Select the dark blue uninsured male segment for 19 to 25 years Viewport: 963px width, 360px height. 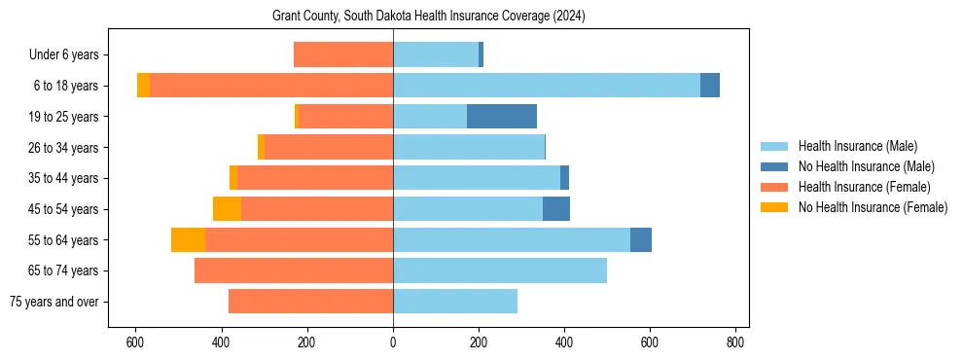[502, 117]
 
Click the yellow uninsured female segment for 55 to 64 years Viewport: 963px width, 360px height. [188, 239]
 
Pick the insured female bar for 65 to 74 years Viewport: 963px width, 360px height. [294, 270]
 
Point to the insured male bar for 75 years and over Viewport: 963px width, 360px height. [455, 302]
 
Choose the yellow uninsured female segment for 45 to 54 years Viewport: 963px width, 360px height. [227, 209]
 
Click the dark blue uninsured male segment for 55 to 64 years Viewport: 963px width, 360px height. [641, 239]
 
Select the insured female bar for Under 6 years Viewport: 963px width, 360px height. [343, 55]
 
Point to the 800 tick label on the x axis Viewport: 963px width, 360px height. [736, 342]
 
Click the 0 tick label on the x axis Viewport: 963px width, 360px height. [393, 342]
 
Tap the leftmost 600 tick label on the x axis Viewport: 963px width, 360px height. [135, 342]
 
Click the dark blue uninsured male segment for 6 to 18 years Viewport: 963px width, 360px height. [710, 86]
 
